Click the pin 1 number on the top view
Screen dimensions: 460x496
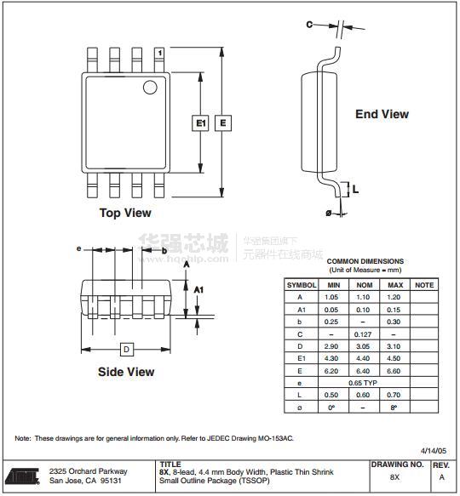click(x=160, y=53)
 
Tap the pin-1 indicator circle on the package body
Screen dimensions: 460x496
click(x=150, y=88)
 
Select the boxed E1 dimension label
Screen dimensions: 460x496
click(x=200, y=123)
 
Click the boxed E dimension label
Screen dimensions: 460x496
click(x=223, y=123)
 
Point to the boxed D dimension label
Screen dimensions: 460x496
click(x=126, y=350)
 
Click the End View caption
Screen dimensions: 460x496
click(x=382, y=114)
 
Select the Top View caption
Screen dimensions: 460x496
click(x=125, y=213)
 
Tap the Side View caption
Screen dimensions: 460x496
click(x=126, y=372)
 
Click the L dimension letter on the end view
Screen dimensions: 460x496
click(x=355, y=189)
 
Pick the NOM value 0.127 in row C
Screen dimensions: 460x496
click(x=363, y=334)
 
